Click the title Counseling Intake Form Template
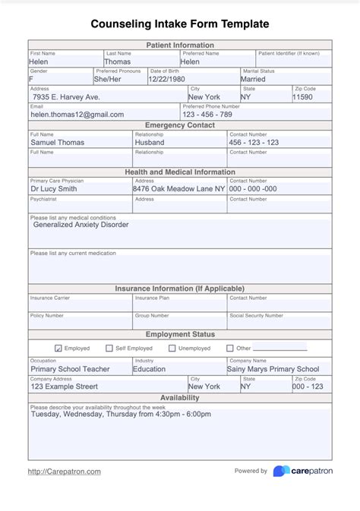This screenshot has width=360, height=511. pyautogui.click(x=179, y=24)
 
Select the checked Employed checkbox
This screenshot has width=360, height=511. pyautogui.click(x=59, y=349)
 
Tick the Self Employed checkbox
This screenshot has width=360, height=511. pyautogui.click(x=109, y=349)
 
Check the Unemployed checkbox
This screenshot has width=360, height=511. pyautogui.click(x=173, y=349)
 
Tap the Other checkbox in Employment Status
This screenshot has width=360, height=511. pyautogui.click(x=229, y=349)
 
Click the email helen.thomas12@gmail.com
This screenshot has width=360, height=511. pyautogui.click(x=77, y=115)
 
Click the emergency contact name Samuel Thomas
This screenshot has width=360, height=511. pyautogui.click(x=57, y=142)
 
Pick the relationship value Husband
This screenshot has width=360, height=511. pyautogui.click(x=150, y=142)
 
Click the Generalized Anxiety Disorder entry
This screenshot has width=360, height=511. pyautogui.click(x=81, y=225)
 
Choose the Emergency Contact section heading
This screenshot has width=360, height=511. pyautogui.click(x=180, y=125)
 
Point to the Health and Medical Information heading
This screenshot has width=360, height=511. pyautogui.click(x=180, y=172)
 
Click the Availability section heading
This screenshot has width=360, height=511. pyautogui.click(x=180, y=398)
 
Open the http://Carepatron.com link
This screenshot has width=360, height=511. pyautogui.click(x=65, y=472)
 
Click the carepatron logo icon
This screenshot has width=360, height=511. pyautogui.click(x=281, y=471)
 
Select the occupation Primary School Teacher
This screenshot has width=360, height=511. pyautogui.click(x=70, y=369)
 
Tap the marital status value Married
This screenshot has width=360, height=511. pyautogui.click(x=253, y=79)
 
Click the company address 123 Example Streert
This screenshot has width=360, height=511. pyautogui.click(x=65, y=386)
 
